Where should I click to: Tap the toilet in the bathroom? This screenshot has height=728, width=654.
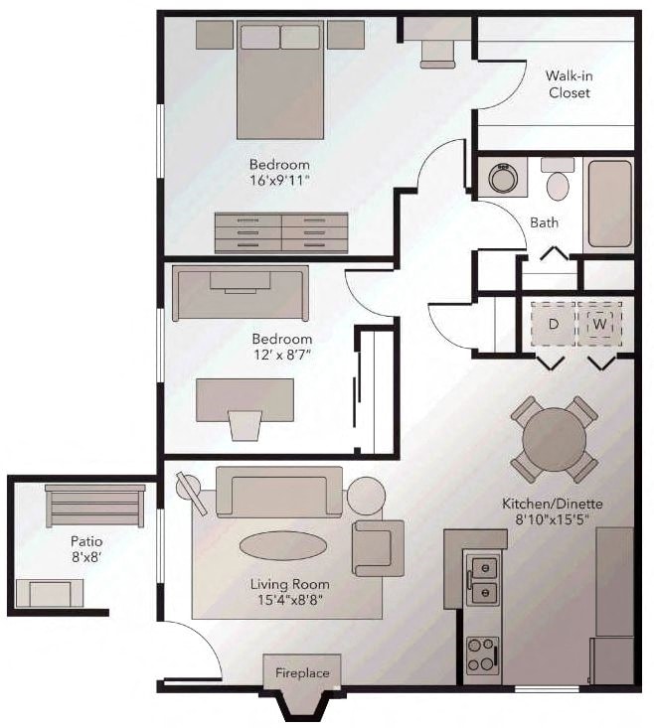(559, 181)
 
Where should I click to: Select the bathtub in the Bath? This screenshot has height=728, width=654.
(608, 205)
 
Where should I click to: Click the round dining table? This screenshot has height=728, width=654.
(555, 440)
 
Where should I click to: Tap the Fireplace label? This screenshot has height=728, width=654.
(302, 673)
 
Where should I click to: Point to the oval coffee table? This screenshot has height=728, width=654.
(282, 545)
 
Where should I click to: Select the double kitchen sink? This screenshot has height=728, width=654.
(482, 580)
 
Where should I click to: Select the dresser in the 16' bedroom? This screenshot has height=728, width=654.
(281, 232)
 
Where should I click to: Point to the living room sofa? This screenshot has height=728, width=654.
(279, 492)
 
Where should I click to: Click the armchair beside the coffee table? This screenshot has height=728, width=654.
(377, 547)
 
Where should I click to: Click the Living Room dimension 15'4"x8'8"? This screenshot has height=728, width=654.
(288, 599)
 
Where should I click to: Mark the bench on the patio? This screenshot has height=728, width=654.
(95, 506)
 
